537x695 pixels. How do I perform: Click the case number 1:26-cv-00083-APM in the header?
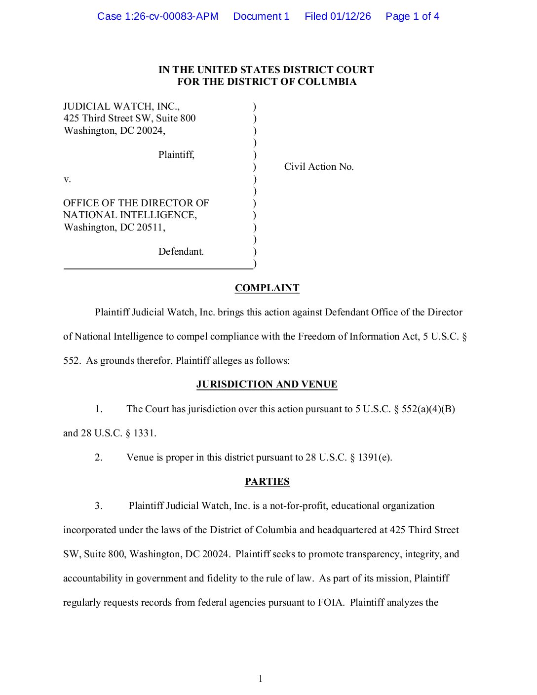[157, 16]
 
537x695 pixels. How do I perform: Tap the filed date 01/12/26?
[350, 16]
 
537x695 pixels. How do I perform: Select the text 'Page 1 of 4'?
[412, 16]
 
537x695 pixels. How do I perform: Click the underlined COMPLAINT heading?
[267, 288]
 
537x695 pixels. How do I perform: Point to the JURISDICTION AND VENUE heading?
[267, 385]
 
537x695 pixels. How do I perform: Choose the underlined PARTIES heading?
[267, 482]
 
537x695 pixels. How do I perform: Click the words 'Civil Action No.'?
[319, 167]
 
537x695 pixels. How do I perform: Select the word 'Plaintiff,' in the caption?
[176, 155]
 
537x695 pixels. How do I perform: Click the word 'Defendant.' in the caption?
[181, 252]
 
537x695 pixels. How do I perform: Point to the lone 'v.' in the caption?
[67, 179]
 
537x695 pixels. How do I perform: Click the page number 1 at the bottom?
[261, 679]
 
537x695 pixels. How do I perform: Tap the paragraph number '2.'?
[99, 458]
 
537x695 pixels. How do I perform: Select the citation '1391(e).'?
[375, 458]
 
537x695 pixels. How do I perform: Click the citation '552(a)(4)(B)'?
[428, 409]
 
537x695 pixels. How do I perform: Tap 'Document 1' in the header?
[261, 16]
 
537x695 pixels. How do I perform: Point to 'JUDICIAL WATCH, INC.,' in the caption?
[121, 107]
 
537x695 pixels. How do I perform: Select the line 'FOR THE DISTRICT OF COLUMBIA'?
[267, 82]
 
